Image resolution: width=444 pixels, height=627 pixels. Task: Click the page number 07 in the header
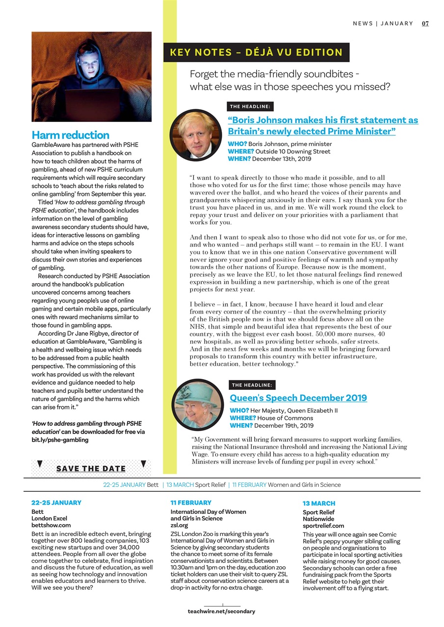pos(425,24)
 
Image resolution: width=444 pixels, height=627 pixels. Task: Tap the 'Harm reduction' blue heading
pos(70,135)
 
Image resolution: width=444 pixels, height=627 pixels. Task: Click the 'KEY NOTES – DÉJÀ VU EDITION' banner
pos(256,52)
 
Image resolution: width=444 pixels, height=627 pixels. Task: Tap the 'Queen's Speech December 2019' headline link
pos(298,398)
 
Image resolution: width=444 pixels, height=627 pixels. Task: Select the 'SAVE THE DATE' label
pos(91,469)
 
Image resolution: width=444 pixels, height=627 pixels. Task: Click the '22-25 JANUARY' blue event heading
pos(56,503)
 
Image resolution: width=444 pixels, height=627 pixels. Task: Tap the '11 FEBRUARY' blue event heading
pos(191,503)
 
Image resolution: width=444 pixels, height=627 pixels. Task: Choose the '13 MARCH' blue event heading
pos(319,503)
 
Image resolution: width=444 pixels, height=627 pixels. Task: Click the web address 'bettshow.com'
pos(51,525)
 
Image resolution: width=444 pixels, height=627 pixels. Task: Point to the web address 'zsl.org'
pos(179,525)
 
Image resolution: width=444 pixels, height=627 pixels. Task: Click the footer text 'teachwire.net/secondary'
pos(221,611)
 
